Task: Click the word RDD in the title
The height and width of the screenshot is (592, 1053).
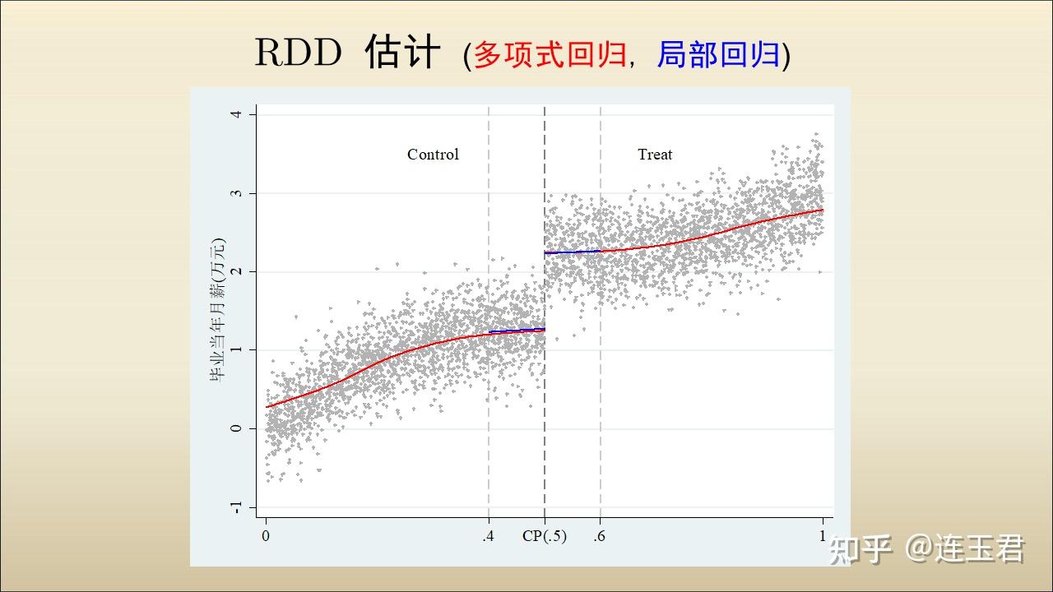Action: (298, 53)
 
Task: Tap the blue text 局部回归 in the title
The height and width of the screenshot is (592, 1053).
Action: (718, 55)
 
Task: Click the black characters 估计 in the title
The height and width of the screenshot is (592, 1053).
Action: (402, 52)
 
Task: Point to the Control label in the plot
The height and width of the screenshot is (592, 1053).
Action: (433, 155)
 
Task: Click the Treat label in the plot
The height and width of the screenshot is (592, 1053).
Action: (655, 155)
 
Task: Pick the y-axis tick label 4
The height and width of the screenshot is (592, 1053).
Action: (236, 114)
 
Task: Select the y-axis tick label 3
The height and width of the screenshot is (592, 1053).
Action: (236, 193)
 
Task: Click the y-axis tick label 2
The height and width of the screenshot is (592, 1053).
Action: (236, 271)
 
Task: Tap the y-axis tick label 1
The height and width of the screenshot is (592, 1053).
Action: (236, 350)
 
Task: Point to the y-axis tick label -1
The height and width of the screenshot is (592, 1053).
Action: (236, 507)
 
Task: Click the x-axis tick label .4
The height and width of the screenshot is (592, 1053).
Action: (489, 536)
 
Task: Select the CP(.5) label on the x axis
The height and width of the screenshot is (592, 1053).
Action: (545, 536)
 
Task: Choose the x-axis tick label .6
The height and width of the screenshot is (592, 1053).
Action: (600, 536)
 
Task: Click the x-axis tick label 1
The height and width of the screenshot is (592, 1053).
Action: (822, 536)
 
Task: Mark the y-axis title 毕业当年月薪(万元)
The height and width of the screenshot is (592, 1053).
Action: (218, 310)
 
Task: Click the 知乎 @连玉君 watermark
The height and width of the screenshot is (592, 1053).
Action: (926, 548)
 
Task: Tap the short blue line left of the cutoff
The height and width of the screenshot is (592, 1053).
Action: (517, 331)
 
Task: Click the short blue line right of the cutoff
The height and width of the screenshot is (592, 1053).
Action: (573, 252)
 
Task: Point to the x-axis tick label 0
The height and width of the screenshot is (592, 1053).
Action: (266, 536)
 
